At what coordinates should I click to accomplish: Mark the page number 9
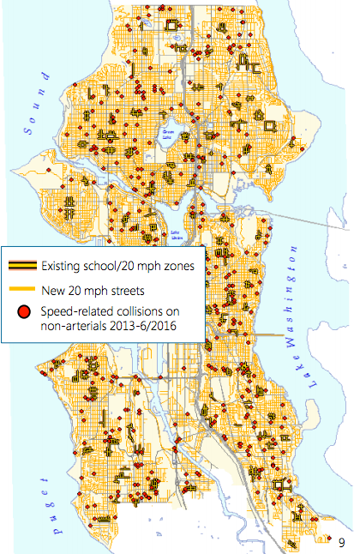341,541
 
